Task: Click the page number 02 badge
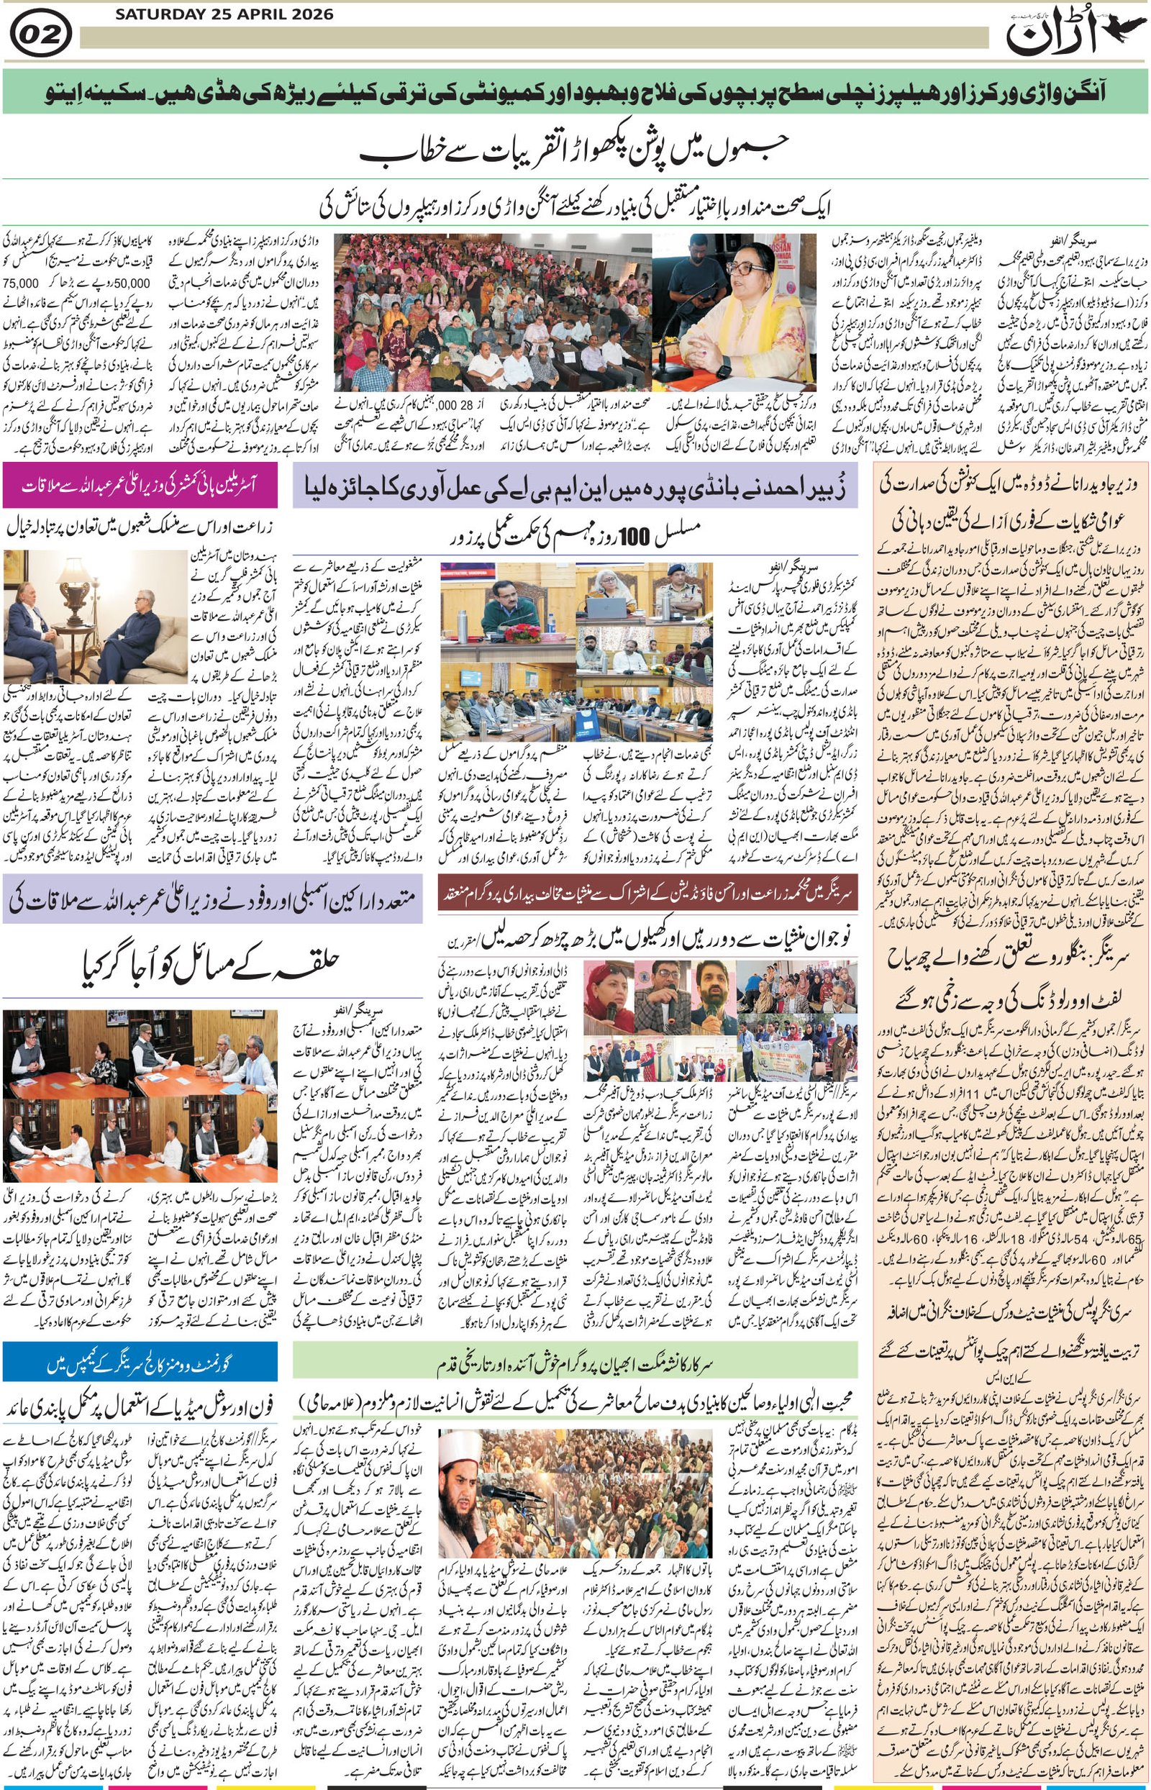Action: [41, 35]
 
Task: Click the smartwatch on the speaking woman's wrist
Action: [724, 371]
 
